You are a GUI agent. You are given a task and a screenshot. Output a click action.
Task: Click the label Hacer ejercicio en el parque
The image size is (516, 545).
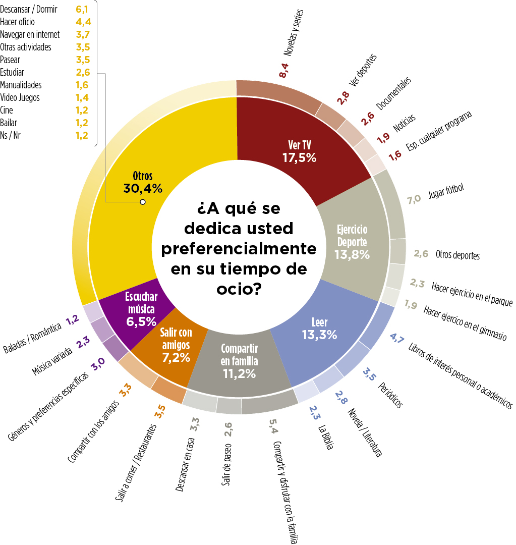tap(472, 295)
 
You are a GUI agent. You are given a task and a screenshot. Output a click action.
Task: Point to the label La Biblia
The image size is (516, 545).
tap(325, 437)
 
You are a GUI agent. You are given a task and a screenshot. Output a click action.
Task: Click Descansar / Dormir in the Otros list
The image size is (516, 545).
tap(29, 9)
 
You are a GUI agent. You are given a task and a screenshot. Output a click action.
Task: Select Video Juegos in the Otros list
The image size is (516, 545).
tap(20, 97)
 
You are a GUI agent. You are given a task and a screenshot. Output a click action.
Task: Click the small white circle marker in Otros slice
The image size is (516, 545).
tap(143, 202)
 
